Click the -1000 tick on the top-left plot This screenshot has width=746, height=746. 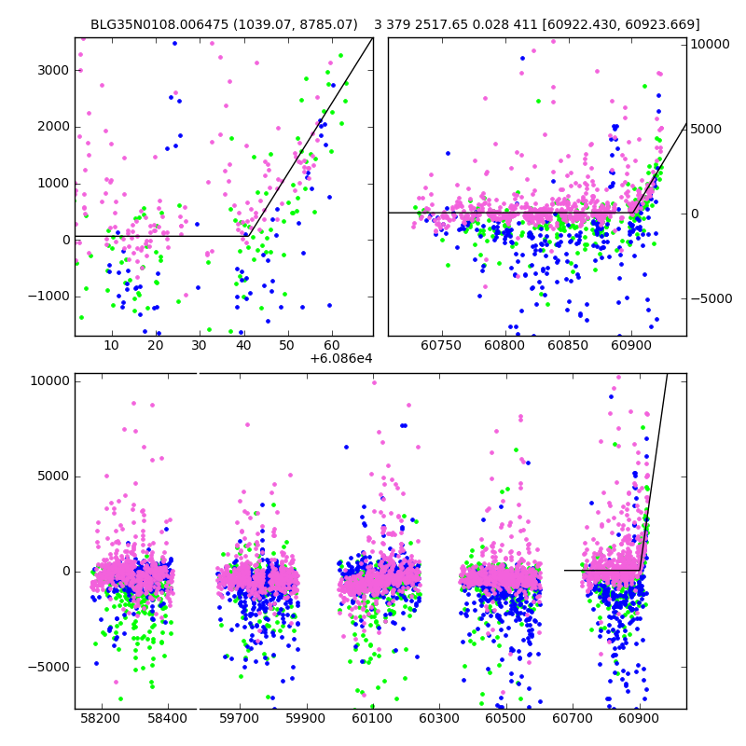[x=48, y=297]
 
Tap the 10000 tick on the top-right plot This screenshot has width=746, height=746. [x=711, y=44]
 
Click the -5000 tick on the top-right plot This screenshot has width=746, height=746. [x=711, y=298]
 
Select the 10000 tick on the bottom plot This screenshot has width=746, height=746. [x=48, y=380]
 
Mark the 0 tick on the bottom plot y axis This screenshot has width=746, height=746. [x=63, y=571]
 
